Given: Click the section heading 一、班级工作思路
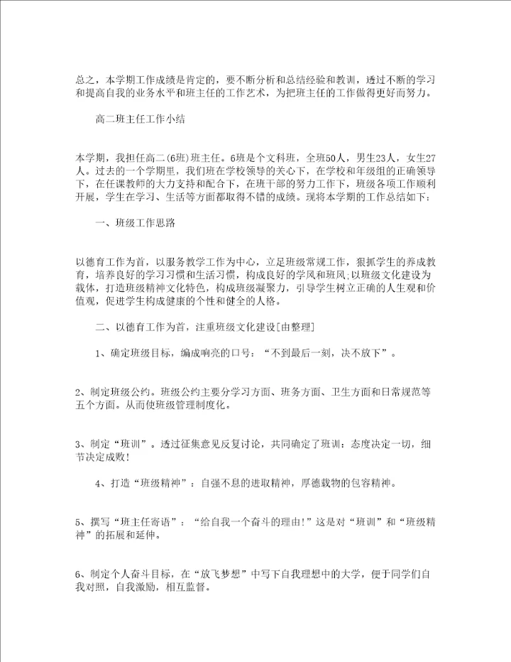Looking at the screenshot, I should tap(135, 222).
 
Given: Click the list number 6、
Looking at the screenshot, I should tap(80, 575).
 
